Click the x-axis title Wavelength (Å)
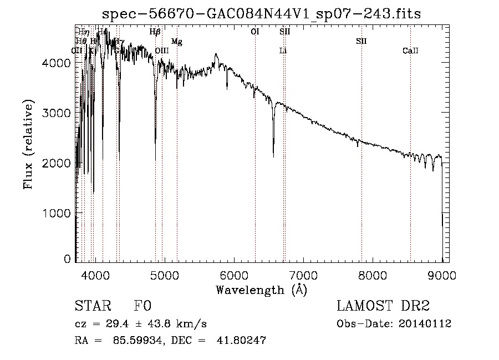(261, 290)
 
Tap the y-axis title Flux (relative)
(28, 144)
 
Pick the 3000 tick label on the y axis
(56, 113)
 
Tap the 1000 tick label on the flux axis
(56, 213)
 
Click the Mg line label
(176, 42)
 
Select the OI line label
(255, 32)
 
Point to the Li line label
(283, 51)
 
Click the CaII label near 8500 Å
(410, 51)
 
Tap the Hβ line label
(155, 32)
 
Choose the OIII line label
(162, 51)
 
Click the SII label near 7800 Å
(361, 42)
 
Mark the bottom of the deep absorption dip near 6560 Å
(273, 156)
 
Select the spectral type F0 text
(142, 306)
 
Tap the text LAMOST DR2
(383, 306)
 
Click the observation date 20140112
(425, 324)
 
